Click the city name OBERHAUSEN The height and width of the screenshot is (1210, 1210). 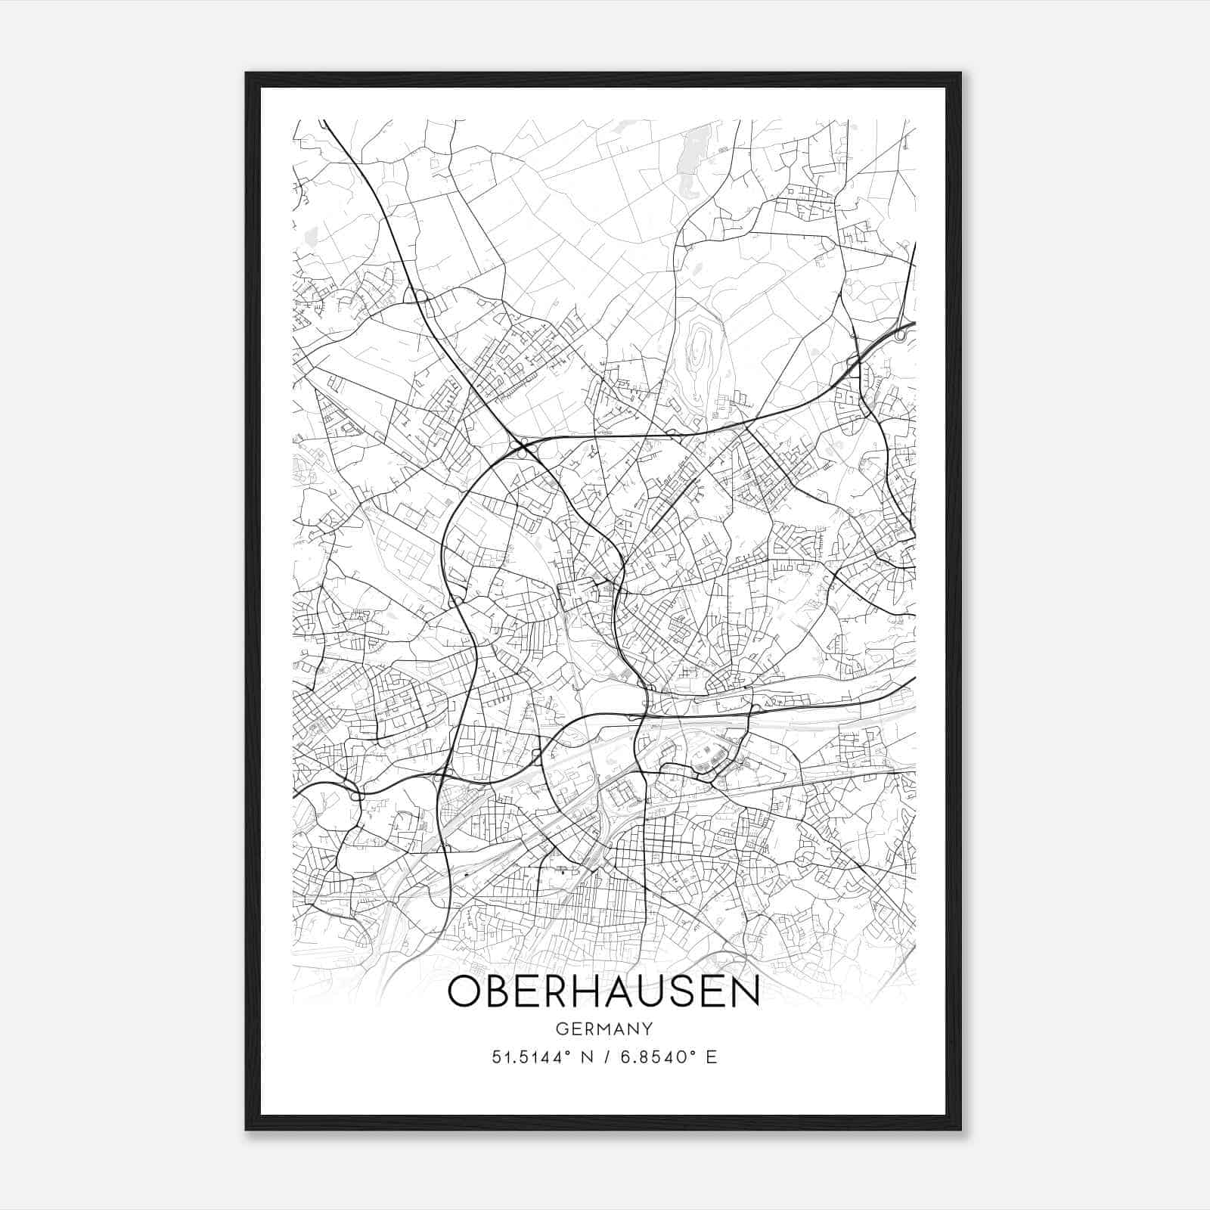pos(603,992)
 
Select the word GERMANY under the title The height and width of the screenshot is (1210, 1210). pos(603,1028)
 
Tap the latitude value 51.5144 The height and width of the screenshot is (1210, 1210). pos(526,1057)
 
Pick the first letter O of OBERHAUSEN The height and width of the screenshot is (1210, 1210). pos(465,992)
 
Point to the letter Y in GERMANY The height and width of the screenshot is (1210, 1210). pos(647,1028)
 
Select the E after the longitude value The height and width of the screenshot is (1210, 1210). pos(711,1057)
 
